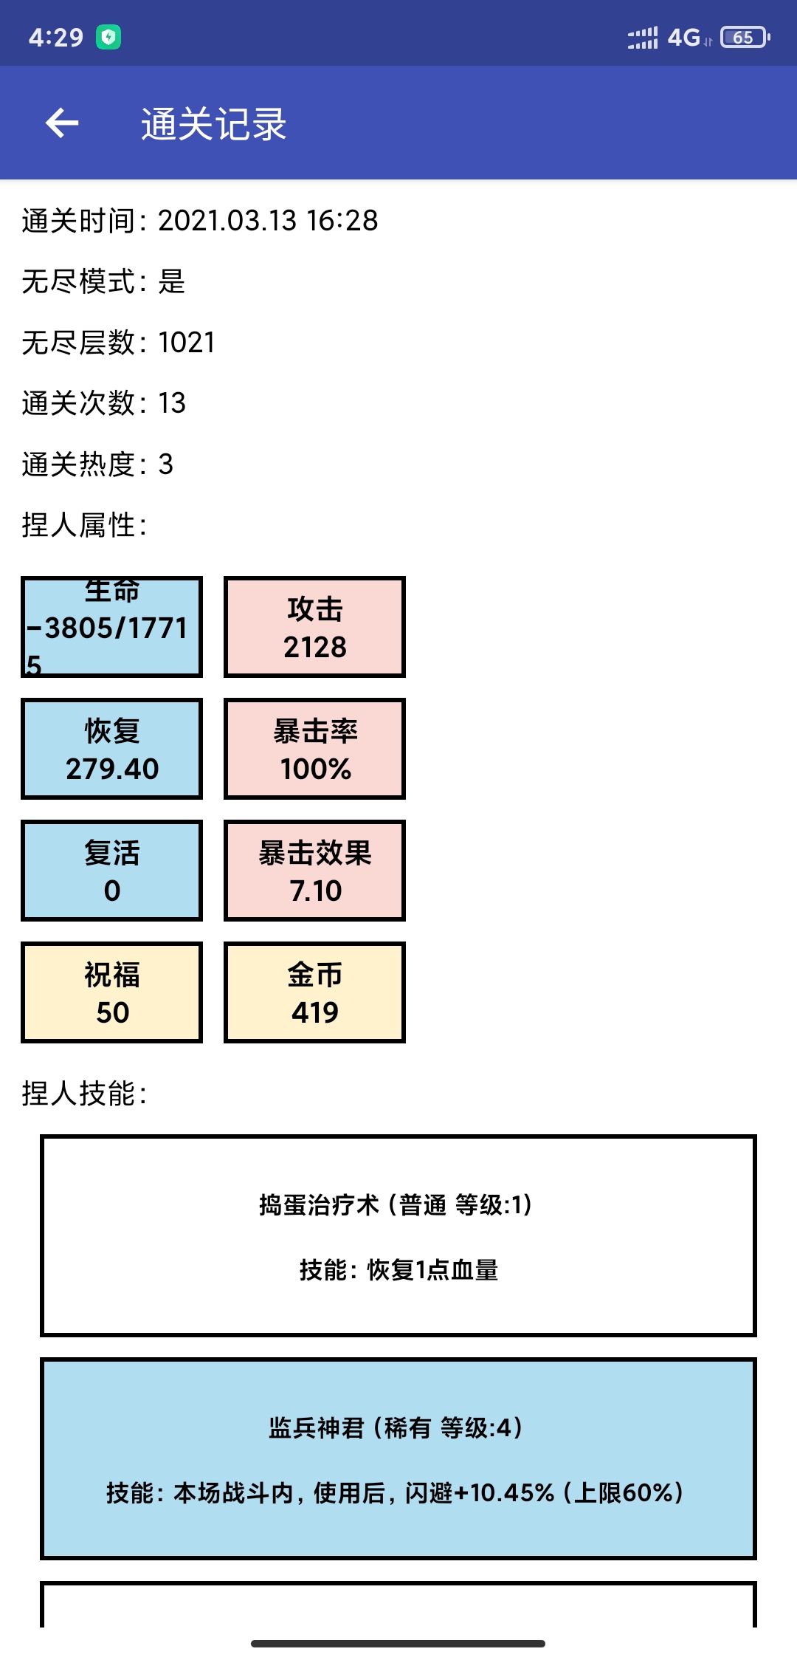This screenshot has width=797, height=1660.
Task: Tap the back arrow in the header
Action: coord(62,123)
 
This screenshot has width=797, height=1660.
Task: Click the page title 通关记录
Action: coord(214,124)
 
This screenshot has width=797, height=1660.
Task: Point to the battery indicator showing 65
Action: coord(745,37)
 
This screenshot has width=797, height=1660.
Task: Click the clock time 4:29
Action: coord(56,37)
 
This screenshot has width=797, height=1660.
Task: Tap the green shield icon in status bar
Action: coord(108,37)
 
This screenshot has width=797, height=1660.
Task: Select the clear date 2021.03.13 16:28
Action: coord(268,220)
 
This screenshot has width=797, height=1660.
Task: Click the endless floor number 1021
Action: coord(187,342)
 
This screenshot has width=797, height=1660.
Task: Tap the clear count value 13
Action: coord(172,402)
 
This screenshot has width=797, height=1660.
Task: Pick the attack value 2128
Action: coord(315,647)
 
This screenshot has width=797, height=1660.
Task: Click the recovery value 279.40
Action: coord(112,769)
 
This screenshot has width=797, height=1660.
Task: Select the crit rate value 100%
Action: coord(316,769)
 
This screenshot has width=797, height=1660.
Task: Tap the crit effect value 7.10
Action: coord(316,891)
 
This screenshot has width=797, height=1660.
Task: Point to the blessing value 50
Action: coord(112,1012)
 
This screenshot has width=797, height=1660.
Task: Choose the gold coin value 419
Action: coord(315,1012)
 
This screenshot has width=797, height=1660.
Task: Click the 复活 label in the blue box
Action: coord(112,853)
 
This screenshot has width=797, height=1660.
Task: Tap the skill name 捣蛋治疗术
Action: coord(319,1204)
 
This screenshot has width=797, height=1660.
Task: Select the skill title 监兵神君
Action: coord(317,1427)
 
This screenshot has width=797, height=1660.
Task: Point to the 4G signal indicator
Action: coord(683,37)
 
